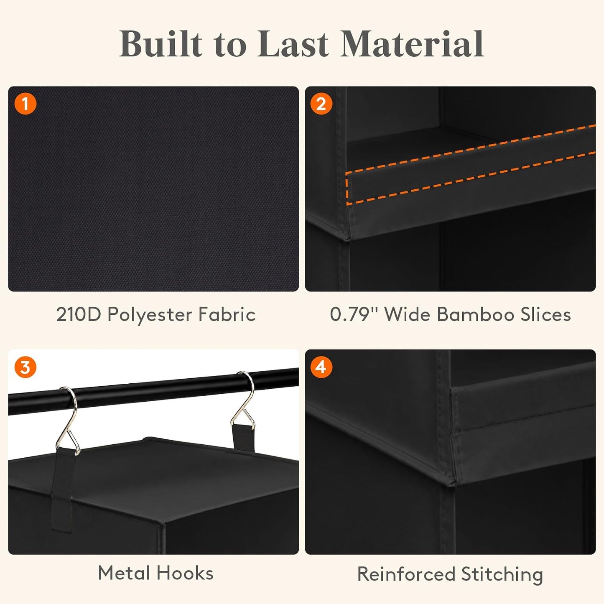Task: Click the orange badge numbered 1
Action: point(25,104)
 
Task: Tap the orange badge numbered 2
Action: point(321,104)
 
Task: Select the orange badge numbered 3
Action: point(25,367)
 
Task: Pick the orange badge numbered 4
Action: point(321,367)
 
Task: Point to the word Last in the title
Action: point(293,44)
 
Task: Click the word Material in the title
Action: point(412,44)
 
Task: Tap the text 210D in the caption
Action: point(79,314)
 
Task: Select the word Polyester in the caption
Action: point(150,315)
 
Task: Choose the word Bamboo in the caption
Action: point(475,314)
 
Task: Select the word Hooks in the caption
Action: point(185,573)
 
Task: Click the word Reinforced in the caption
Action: point(406,574)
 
